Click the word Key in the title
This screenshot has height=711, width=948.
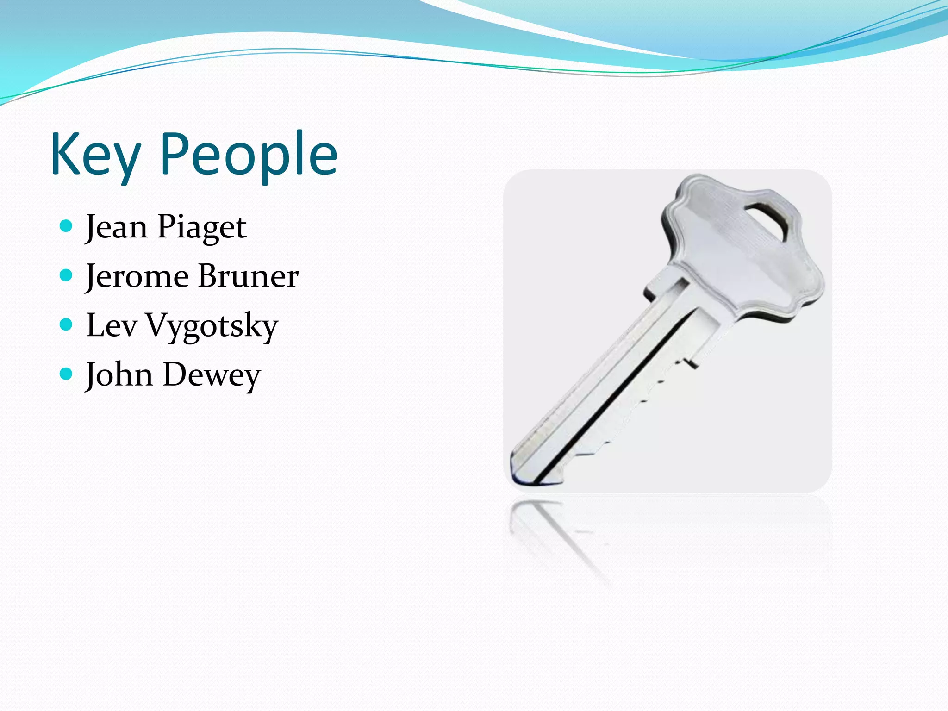pyautogui.click(x=95, y=155)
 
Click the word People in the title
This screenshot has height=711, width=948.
pyautogui.click(x=249, y=155)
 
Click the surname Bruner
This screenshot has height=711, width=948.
pyautogui.click(x=249, y=276)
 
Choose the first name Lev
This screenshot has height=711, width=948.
pyautogui.click(x=112, y=325)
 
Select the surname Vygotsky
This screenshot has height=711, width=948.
pyautogui.click(x=212, y=327)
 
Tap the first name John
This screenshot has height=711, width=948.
pyautogui.click(x=119, y=374)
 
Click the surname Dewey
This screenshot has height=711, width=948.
pyautogui.click(x=212, y=375)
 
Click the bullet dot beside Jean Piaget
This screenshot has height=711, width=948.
pyautogui.click(x=67, y=226)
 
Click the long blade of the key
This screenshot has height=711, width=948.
pyautogui.click(x=616, y=384)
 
